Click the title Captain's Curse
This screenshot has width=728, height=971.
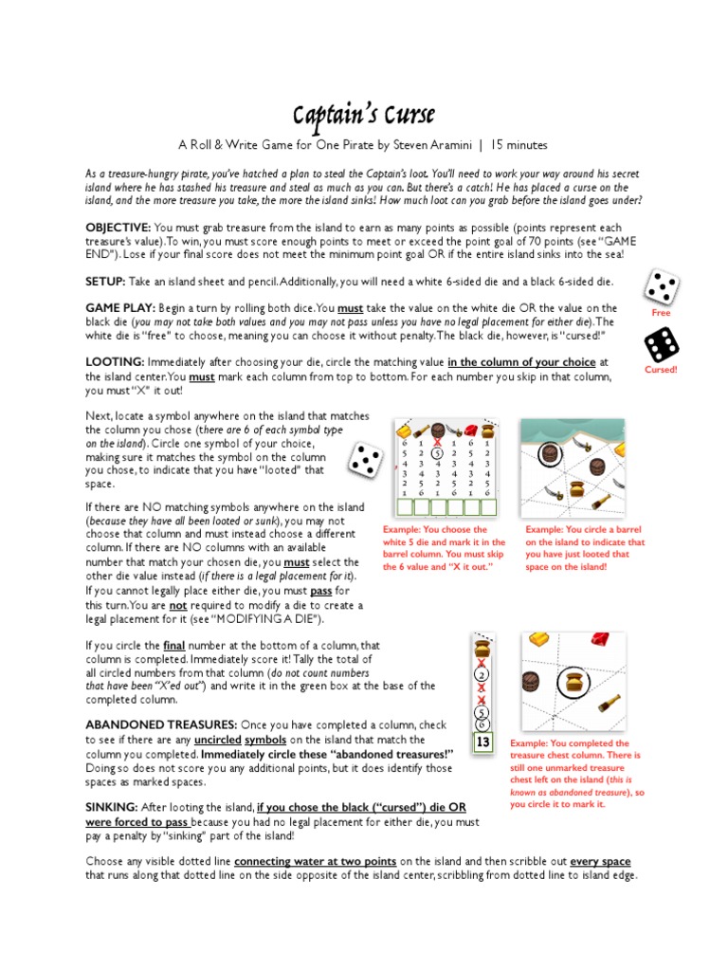click(x=363, y=116)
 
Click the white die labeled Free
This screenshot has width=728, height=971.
click(x=660, y=286)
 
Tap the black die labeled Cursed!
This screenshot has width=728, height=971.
click(x=660, y=344)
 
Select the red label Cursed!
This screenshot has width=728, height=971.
click(x=660, y=370)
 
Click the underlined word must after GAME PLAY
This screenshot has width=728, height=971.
click(x=351, y=309)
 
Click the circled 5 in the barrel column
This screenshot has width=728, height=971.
click(x=437, y=453)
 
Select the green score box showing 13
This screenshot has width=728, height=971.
click(x=482, y=742)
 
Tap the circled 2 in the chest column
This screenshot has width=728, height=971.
click(x=482, y=675)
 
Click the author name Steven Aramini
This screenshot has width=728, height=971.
click(x=429, y=145)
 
